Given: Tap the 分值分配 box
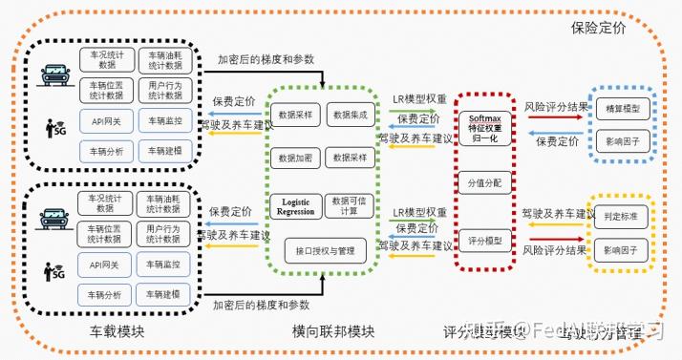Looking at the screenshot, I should click(x=485, y=180).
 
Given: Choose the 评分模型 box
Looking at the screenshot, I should click(x=485, y=240).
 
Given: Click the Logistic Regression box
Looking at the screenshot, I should click(x=295, y=205).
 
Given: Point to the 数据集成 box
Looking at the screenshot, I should click(x=349, y=116).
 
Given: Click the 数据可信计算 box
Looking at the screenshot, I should click(x=349, y=205).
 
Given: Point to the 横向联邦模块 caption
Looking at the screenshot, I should click(x=333, y=332).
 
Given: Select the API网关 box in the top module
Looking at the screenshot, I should click(x=106, y=121).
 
